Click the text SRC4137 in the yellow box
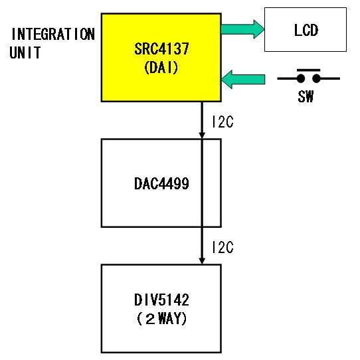pyautogui.click(x=161, y=48)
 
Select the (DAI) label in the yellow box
pyautogui.click(x=161, y=68)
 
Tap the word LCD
pyautogui.click(x=306, y=30)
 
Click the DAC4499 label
pyautogui.click(x=161, y=183)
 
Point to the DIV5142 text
pyautogui.click(x=161, y=300)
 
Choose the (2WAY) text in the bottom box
pyautogui.click(x=161, y=319)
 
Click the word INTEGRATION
pyautogui.click(x=53, y=35)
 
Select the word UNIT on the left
pyautogui.click(x=25, y=52)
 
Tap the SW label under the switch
pyautogui.click(x=306, y=96)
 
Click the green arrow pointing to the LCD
pyautogui.click(x=242, y=29)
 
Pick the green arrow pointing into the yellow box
pyautogui.click(x=243, y=80)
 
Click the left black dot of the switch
pyautogui.click(x=301, y=78)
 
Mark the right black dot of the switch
pyautogui.click(x=316, y=78)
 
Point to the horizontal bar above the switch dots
pyautogui.click(x=309, y=70)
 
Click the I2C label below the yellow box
pyautogui.click(x=223, y=122)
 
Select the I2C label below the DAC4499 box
pyautogui.click(x=223, y=247)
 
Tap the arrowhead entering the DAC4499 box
pyautogui.click(x=202, y=135)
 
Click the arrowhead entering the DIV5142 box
pyautogui.click(x=202, y=261)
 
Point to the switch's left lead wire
pyautogui.click(x=287, y=78)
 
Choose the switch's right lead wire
pyautogui.click(x=330, y=78)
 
